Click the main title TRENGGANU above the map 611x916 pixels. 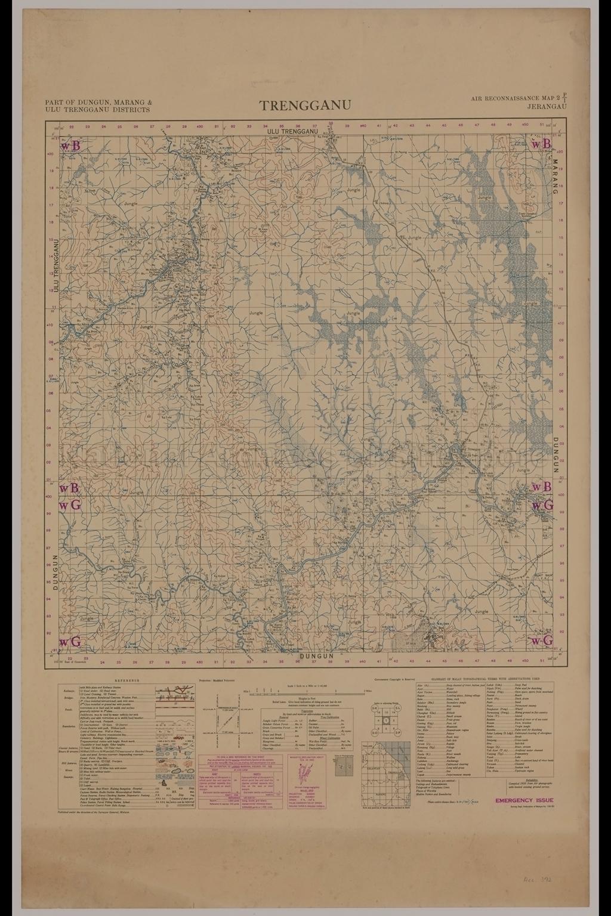305,106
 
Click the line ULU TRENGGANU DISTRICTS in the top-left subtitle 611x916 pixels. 98,110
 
